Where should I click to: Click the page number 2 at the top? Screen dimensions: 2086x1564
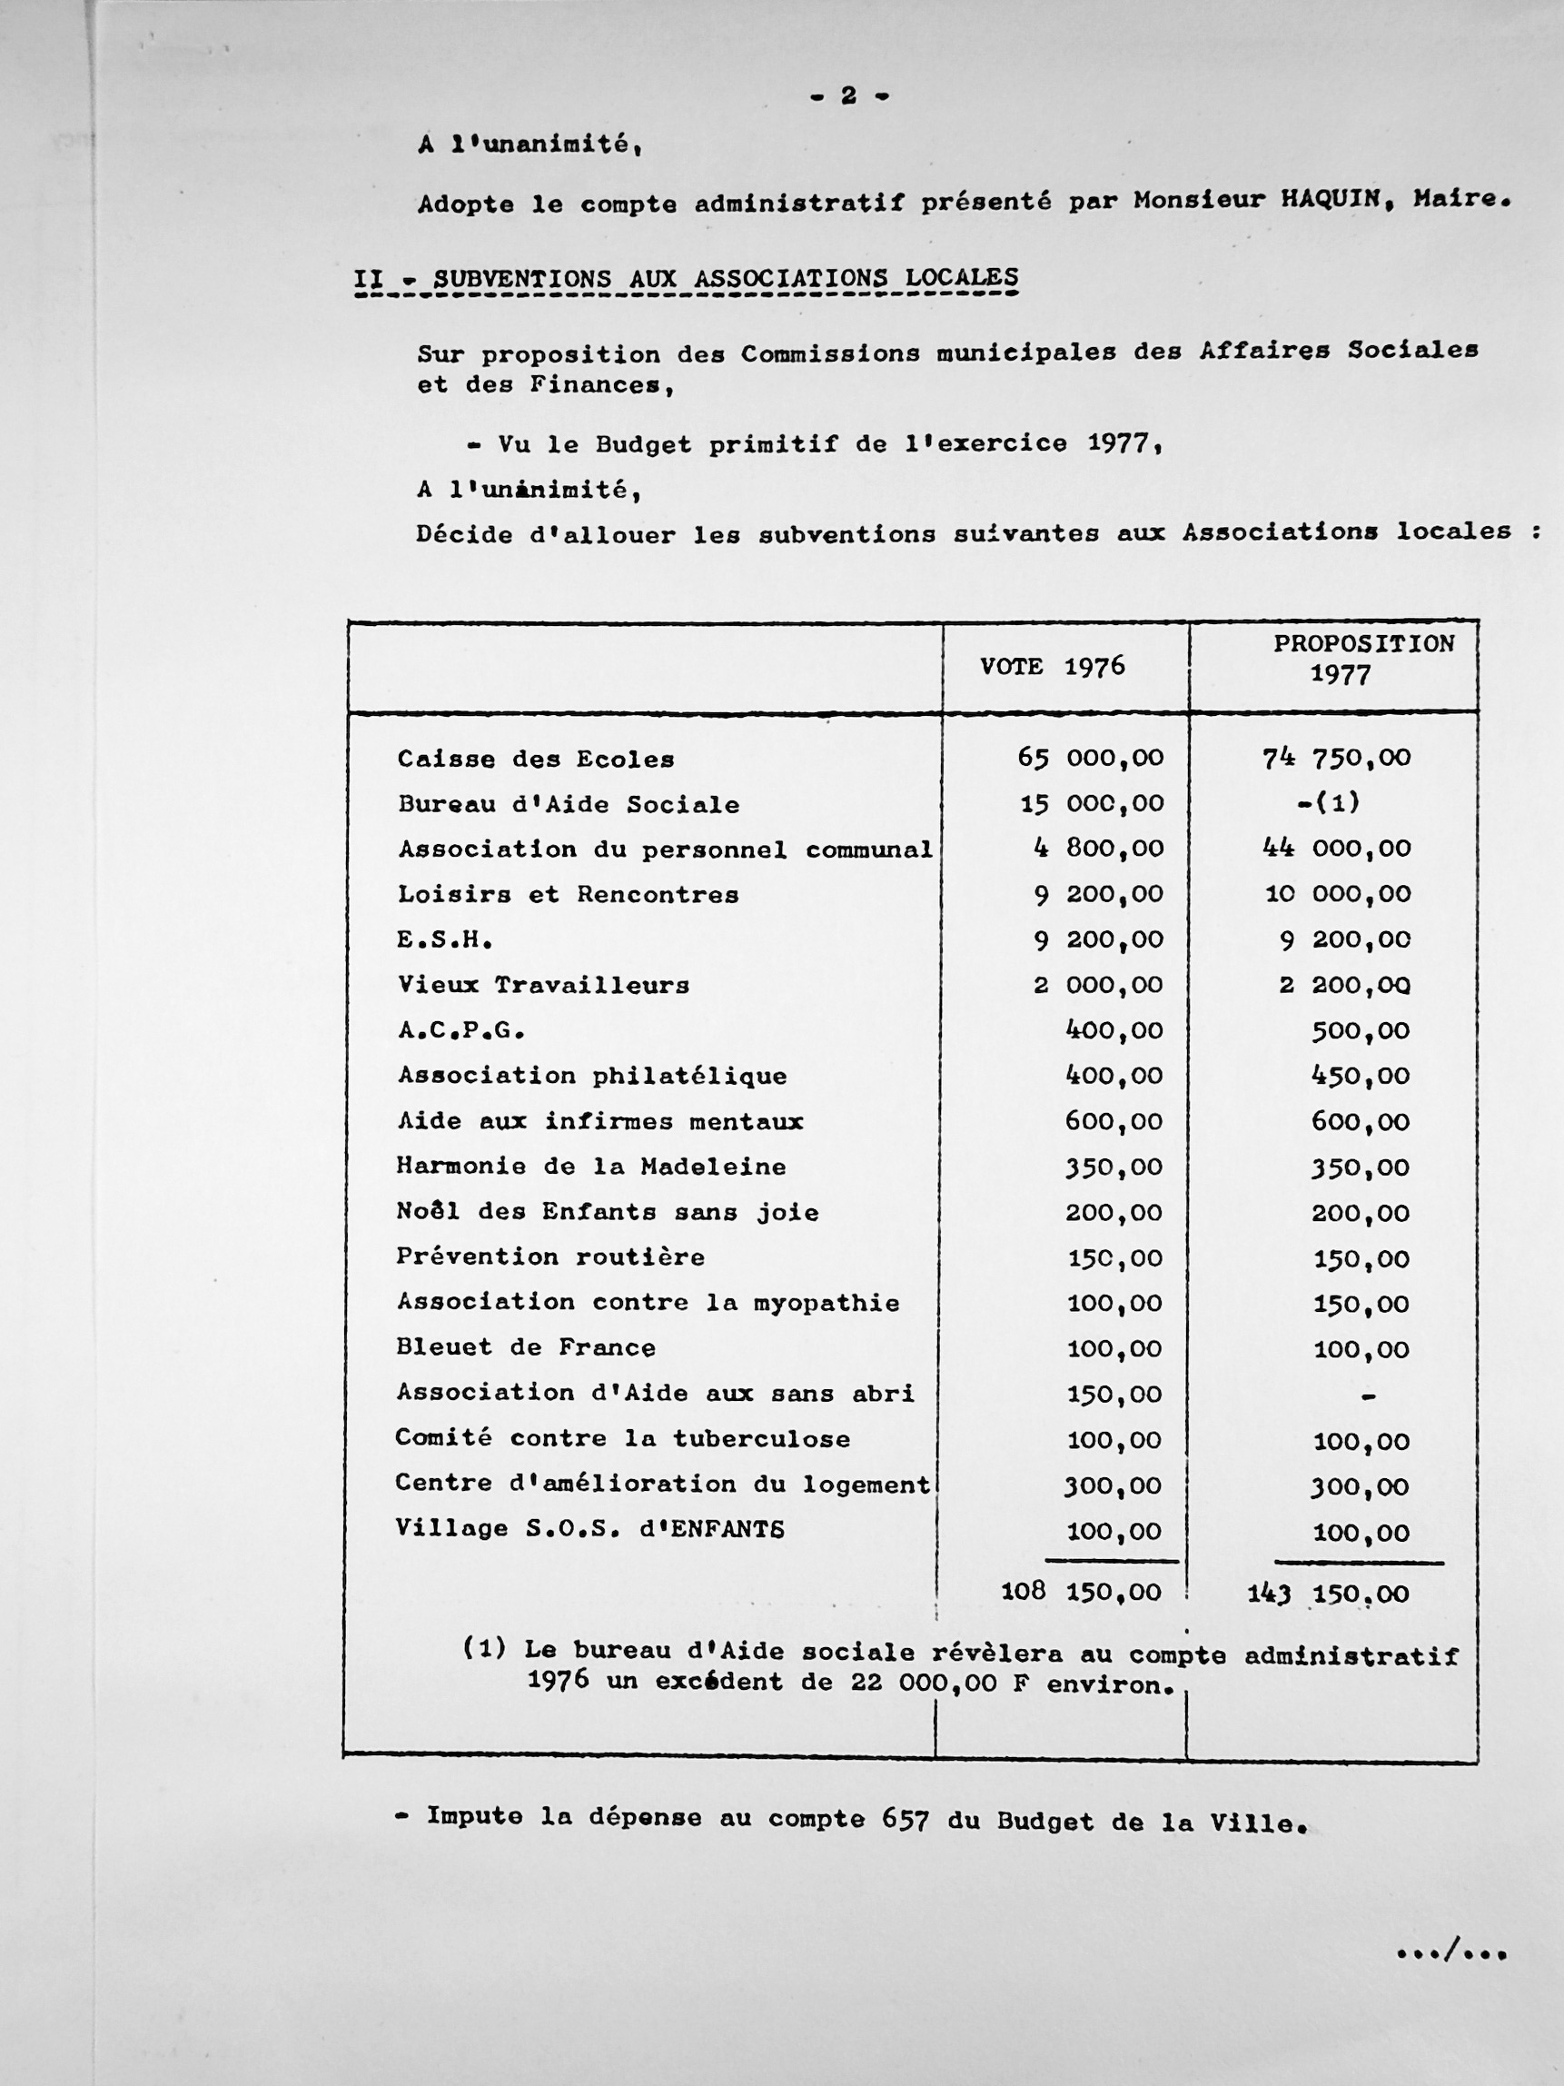(x=848, y=95)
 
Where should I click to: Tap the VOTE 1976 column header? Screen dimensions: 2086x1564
(x=1052, y=667)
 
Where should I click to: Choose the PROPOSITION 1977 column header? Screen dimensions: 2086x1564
(x=1363, y=659)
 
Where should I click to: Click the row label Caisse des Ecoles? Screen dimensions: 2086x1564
(x=536, y=760)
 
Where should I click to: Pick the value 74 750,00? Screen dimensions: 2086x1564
(x=1336, y=757)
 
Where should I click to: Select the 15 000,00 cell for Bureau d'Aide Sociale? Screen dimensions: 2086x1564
(x=1092, y=803)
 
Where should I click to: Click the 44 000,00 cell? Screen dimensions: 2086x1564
(x=1336, y=848)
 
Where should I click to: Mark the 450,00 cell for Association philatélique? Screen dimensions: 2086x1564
(x=1360, y=1076)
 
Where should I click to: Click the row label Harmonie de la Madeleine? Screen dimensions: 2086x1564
(x=591, y=1167)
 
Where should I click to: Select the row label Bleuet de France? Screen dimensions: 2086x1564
(x=525, y=1347)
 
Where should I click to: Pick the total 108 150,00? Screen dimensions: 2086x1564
(x=1081, y=1592)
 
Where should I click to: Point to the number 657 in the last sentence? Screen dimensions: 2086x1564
(x=905, y=1818)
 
